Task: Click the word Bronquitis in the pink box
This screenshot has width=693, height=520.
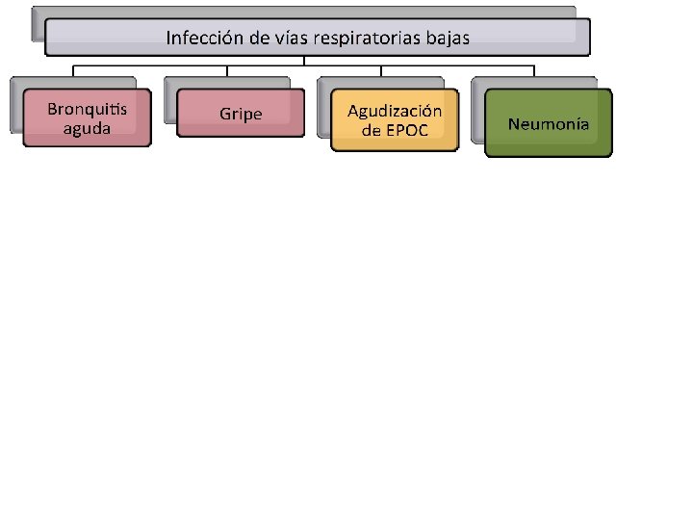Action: coord(87,108)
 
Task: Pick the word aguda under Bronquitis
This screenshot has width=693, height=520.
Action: coord(87,127)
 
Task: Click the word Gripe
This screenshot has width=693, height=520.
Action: coord(241,114)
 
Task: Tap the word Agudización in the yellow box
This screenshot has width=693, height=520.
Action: coord(395,111)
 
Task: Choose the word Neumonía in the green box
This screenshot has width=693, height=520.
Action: coord(549,123)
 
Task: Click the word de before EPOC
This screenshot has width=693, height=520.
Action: coord(372,131)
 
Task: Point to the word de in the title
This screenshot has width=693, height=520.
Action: coord(255,39)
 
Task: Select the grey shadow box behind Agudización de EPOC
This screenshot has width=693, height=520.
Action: coord(323,106)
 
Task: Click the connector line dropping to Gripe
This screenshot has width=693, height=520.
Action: coord(227,70)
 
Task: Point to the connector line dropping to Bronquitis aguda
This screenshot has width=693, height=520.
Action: coord(74,70)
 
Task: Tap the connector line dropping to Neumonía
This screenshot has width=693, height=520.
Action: coord(535,70)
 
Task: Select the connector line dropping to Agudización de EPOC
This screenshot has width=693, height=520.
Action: coord(381,70)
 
